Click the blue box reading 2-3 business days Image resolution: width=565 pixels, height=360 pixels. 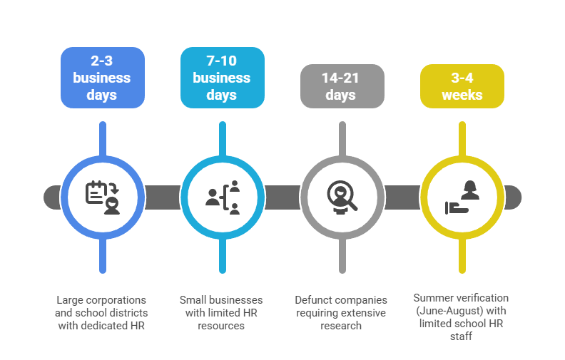[x=103, y=78]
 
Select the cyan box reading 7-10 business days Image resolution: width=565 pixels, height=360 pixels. [x=223, y=78]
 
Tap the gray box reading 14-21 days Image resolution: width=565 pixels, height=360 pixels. [x=342, y=86]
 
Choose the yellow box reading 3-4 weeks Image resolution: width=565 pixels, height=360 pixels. [x=462, y=86]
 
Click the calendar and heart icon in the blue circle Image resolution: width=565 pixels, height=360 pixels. [x=103, y=197]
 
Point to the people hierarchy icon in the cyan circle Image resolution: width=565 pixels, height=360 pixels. [x=223, y=197]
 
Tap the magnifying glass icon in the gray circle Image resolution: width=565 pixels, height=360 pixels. [x=342, y=197]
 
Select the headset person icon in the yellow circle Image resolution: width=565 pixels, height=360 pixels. [x=462, y=197]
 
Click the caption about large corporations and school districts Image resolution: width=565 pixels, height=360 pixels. [x=103, y=312]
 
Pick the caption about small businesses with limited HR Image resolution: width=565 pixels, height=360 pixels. [x=222, y=312]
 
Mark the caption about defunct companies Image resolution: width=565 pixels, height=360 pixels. [x=342, y=312]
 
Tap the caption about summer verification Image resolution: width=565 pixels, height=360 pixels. [x=462, y=317]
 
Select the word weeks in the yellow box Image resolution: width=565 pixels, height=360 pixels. [x=462, y=95]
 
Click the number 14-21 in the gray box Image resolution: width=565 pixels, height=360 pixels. [x=342, y=78]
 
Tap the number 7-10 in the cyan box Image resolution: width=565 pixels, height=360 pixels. [x=222, y=61]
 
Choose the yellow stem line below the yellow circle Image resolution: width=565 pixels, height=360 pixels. [x=462, y=257]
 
